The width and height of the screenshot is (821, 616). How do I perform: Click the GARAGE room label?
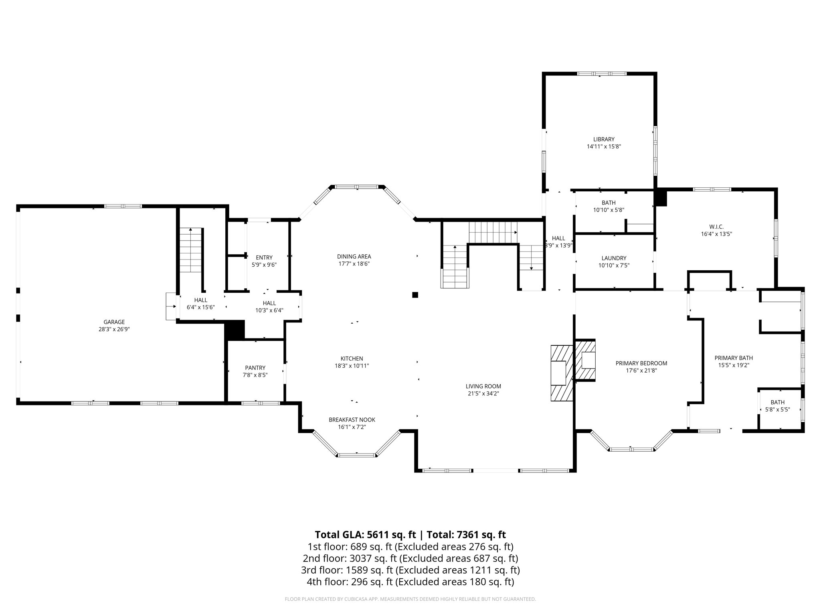114,322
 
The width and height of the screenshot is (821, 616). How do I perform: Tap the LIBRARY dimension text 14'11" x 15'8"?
604,147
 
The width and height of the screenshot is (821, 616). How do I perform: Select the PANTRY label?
255,368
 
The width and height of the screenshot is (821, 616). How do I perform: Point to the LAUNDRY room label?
614,258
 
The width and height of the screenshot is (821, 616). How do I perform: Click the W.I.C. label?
716,227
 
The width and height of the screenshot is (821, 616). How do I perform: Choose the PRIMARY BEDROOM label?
641,363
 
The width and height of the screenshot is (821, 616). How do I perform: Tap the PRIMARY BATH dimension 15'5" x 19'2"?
734,365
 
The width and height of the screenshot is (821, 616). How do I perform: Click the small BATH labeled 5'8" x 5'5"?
777,406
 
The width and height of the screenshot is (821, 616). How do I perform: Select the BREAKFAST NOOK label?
352,420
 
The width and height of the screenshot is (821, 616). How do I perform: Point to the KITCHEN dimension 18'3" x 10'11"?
352,366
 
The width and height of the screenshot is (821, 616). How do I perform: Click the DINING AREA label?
354,257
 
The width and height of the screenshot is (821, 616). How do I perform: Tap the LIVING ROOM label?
483,386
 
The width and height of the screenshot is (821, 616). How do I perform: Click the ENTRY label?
264,257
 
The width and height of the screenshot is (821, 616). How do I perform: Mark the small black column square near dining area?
415,295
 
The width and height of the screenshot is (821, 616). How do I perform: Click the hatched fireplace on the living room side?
561,373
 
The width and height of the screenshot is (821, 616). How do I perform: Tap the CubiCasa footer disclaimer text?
410,599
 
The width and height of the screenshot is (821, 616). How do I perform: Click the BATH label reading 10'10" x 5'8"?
609,206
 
